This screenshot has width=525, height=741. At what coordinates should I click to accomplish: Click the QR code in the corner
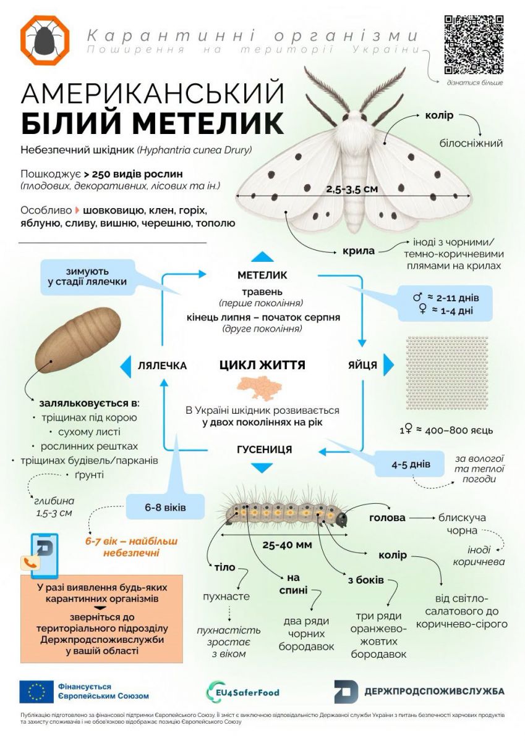pos(474,44)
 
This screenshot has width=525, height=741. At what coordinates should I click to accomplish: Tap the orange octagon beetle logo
pos(45,40)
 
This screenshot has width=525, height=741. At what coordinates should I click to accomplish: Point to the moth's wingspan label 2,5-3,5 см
pos(352,189)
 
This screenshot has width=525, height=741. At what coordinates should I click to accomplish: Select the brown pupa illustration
pos(78,340)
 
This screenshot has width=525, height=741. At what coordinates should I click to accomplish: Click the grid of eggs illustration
pos(447,373)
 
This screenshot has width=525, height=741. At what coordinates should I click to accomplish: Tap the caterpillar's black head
pos(341,519)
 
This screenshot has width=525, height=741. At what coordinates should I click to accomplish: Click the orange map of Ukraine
pos(259,387)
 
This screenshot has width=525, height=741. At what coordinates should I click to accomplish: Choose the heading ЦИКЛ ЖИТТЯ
pos(262,365)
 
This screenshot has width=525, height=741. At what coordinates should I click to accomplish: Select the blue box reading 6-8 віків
pos(165,507)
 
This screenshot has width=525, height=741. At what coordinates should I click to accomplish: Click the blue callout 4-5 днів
pos(411,464)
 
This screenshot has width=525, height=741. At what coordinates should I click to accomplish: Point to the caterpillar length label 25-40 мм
pos(287,545)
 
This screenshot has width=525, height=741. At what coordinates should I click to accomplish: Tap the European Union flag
pos(36,692)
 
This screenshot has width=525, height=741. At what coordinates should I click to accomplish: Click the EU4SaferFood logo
pos(242,692)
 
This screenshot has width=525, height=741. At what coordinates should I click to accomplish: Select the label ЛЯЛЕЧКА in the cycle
pos(162,366)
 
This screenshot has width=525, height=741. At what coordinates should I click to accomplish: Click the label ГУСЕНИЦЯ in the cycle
pos(264,450)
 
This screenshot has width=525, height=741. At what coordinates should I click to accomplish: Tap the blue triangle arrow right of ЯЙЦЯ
pos(389,365)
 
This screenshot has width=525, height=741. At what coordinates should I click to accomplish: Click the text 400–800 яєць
pos(459,431)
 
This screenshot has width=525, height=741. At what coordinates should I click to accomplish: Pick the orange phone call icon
pos(30,563)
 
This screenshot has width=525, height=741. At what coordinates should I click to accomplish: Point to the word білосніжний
pos(471,143)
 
